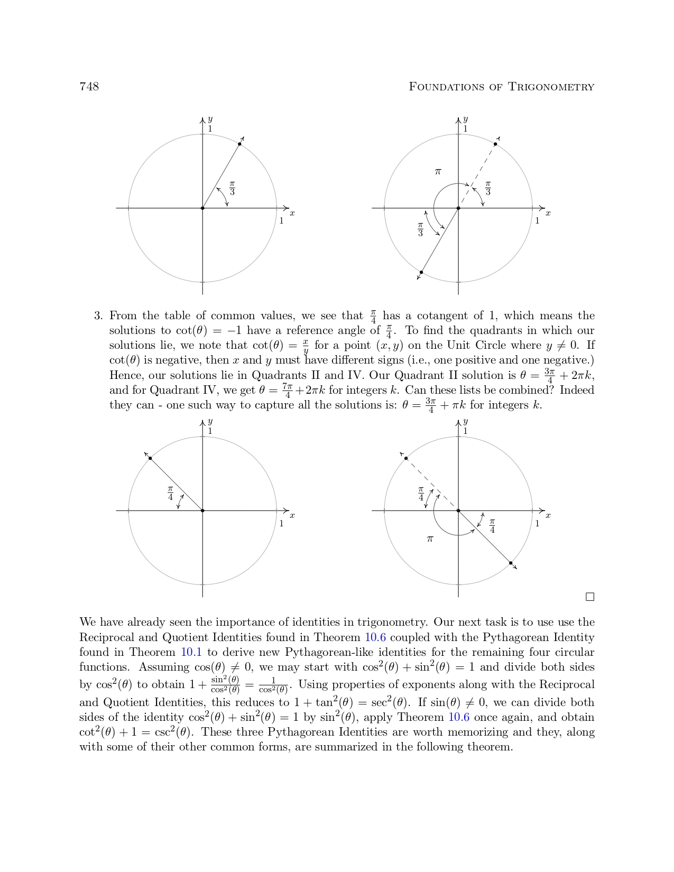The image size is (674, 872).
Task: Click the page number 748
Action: point(89,87)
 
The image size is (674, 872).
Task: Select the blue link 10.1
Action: point(191,652)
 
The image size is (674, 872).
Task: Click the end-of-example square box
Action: point(590,597)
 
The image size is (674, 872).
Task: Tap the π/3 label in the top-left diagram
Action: point(232,188)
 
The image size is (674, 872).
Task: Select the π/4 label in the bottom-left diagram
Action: point(170,493)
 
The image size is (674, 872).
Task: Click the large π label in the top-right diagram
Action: point(438,172)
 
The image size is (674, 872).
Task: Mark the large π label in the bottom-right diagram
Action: point(430,539)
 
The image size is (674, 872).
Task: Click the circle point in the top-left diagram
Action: point(239,144)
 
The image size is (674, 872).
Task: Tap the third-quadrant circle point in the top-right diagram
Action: point(421,272)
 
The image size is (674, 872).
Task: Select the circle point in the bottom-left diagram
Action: point(150,458)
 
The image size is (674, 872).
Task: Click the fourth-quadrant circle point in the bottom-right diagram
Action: point(511,563)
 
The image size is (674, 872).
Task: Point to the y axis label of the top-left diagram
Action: point(210,119)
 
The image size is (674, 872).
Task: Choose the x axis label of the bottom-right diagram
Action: point(548,515)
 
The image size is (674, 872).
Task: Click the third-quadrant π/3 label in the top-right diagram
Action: point(420,229)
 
